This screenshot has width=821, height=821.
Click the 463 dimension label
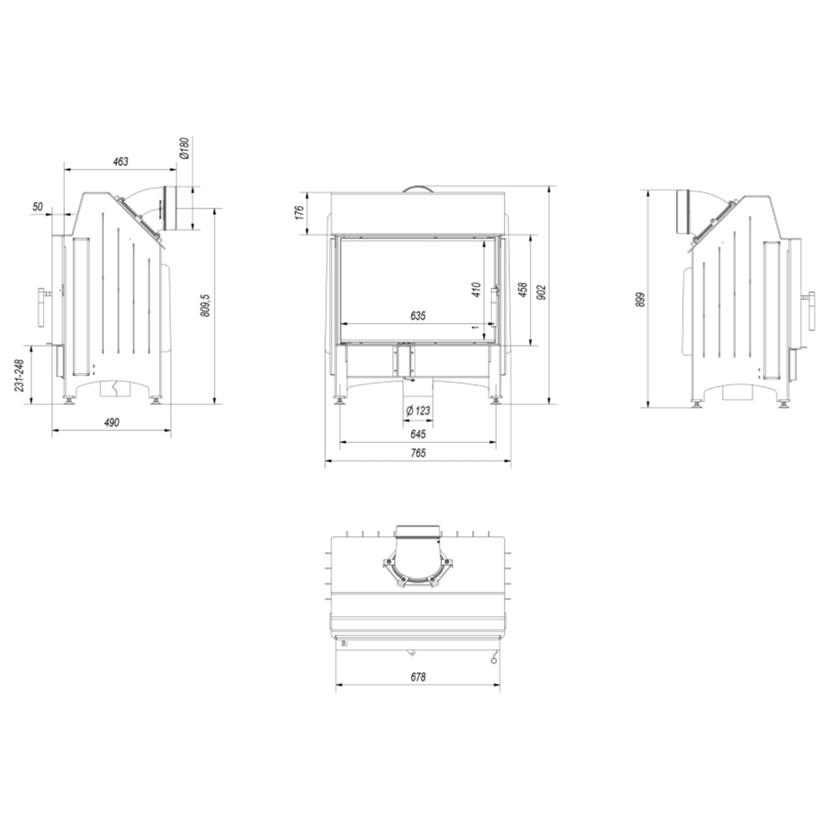click(x=120, y=162)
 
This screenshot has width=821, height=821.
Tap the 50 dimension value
click(x=37, y=207)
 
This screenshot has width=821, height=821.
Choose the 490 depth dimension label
click(x=111, y=422)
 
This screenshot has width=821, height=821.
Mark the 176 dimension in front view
click(x=301, y=211)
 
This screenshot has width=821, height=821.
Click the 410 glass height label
click(x=476, y=290)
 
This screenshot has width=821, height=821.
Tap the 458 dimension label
click(x=522, y=290)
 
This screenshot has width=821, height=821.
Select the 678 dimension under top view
click(x=418, y=677)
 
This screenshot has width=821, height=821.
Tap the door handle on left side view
click(x=43, y=308)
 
